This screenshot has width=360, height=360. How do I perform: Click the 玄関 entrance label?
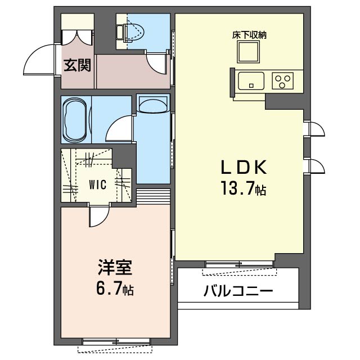77,65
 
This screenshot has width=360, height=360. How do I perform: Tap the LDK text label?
244,168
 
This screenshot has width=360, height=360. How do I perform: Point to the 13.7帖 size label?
244,188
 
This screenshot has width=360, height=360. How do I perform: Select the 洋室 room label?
115,267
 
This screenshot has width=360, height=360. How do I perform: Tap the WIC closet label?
98,184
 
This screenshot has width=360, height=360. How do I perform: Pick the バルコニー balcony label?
238,291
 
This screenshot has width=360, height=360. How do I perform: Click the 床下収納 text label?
249,35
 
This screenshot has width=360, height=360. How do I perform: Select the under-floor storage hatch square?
249,52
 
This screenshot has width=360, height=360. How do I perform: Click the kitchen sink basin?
251,81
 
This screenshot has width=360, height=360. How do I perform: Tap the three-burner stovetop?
282,81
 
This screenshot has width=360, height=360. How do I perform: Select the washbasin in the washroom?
153,104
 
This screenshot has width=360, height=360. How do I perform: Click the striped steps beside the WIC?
154,196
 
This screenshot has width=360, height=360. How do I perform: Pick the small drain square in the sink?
251,86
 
